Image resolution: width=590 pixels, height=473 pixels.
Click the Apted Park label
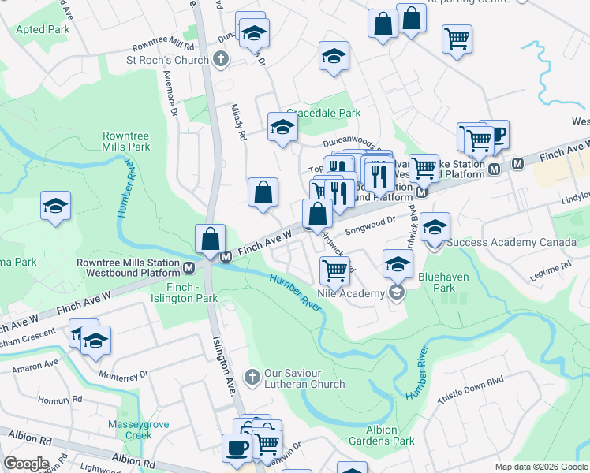pyautogui.click(x=43, y=30)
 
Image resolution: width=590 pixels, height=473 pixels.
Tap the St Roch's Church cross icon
pyautogui.click(x=220, y=58)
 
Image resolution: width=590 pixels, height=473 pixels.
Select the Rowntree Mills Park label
pyautogui.click(x=126, y=141)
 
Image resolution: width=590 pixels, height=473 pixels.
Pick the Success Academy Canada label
pyautogui.click(x=511, y=242)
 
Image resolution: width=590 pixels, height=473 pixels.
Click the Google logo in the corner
pyautogui.click(x=27, y=464)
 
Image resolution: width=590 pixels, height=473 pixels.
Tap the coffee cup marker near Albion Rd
pyautogui.click(x=237, y=448)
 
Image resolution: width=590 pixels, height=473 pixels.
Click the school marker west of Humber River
pyautogui.click(x=56, y=206)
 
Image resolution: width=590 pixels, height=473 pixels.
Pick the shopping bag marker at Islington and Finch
pyautogui.click(x=211, y=238)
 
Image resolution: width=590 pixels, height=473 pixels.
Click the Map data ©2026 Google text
pyautogui.click(x=540, y=467)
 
